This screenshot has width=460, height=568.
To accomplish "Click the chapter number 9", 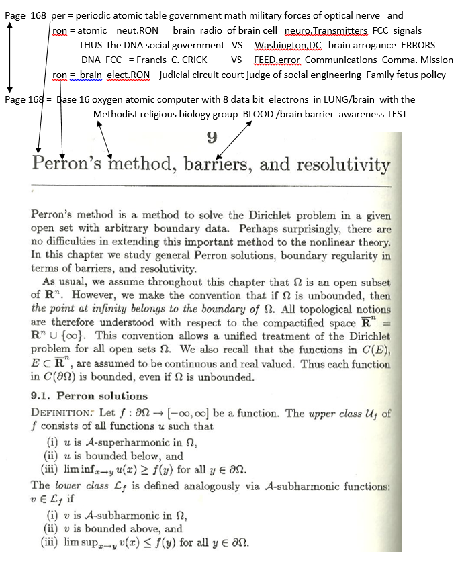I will (x=212, y=138).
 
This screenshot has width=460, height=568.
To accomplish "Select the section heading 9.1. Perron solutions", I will (x=89, y=395).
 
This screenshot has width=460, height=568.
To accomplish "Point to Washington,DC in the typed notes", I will (x=288, y=45).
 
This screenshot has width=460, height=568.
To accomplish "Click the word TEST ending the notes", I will (x=397, y=114).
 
